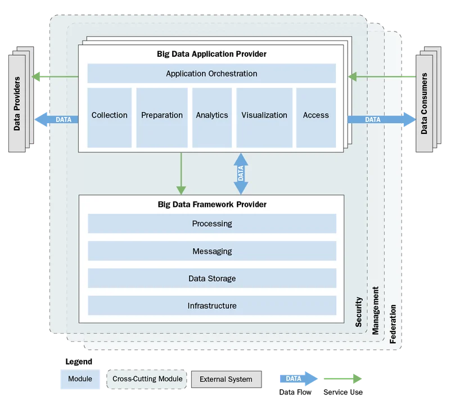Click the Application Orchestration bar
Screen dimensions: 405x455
coord(211,74)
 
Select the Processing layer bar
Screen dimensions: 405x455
coord(212,223)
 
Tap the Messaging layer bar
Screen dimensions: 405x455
coord(212,251)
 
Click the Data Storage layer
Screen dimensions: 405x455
coord(212,278)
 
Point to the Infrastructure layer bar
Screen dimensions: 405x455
coord(212,306)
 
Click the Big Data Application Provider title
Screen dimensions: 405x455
coord(211,55)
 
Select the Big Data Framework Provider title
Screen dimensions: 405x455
coord(212,204)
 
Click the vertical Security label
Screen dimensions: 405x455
coord(358,312)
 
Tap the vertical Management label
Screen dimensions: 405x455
coord(375,310)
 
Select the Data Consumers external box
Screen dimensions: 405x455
coord(424,103)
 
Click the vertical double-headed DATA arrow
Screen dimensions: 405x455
coord(240,173)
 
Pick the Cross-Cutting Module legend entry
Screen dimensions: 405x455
coord(147,379)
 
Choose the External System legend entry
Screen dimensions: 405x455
coord(226,379)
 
